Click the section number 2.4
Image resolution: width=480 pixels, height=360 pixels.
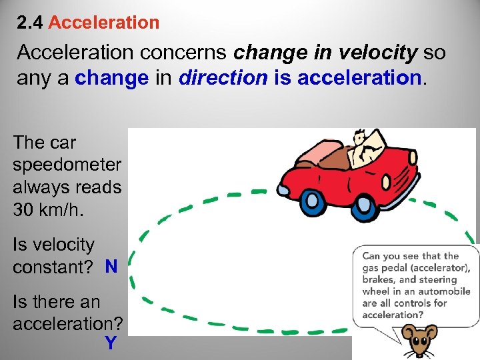coord(31,23)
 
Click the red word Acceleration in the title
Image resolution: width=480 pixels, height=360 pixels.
coord(104,23)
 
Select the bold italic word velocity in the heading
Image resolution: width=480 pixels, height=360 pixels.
coord(379,52)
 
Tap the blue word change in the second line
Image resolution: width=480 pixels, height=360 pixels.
coord(112,79)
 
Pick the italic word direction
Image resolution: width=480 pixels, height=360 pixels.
coord(223,79)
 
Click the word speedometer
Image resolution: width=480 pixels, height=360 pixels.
coord(67,165)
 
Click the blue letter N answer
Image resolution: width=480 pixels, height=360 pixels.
coord(111,267)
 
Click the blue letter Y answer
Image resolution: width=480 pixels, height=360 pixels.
coord(110,344)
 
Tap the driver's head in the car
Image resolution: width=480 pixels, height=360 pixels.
coord(361,139)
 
